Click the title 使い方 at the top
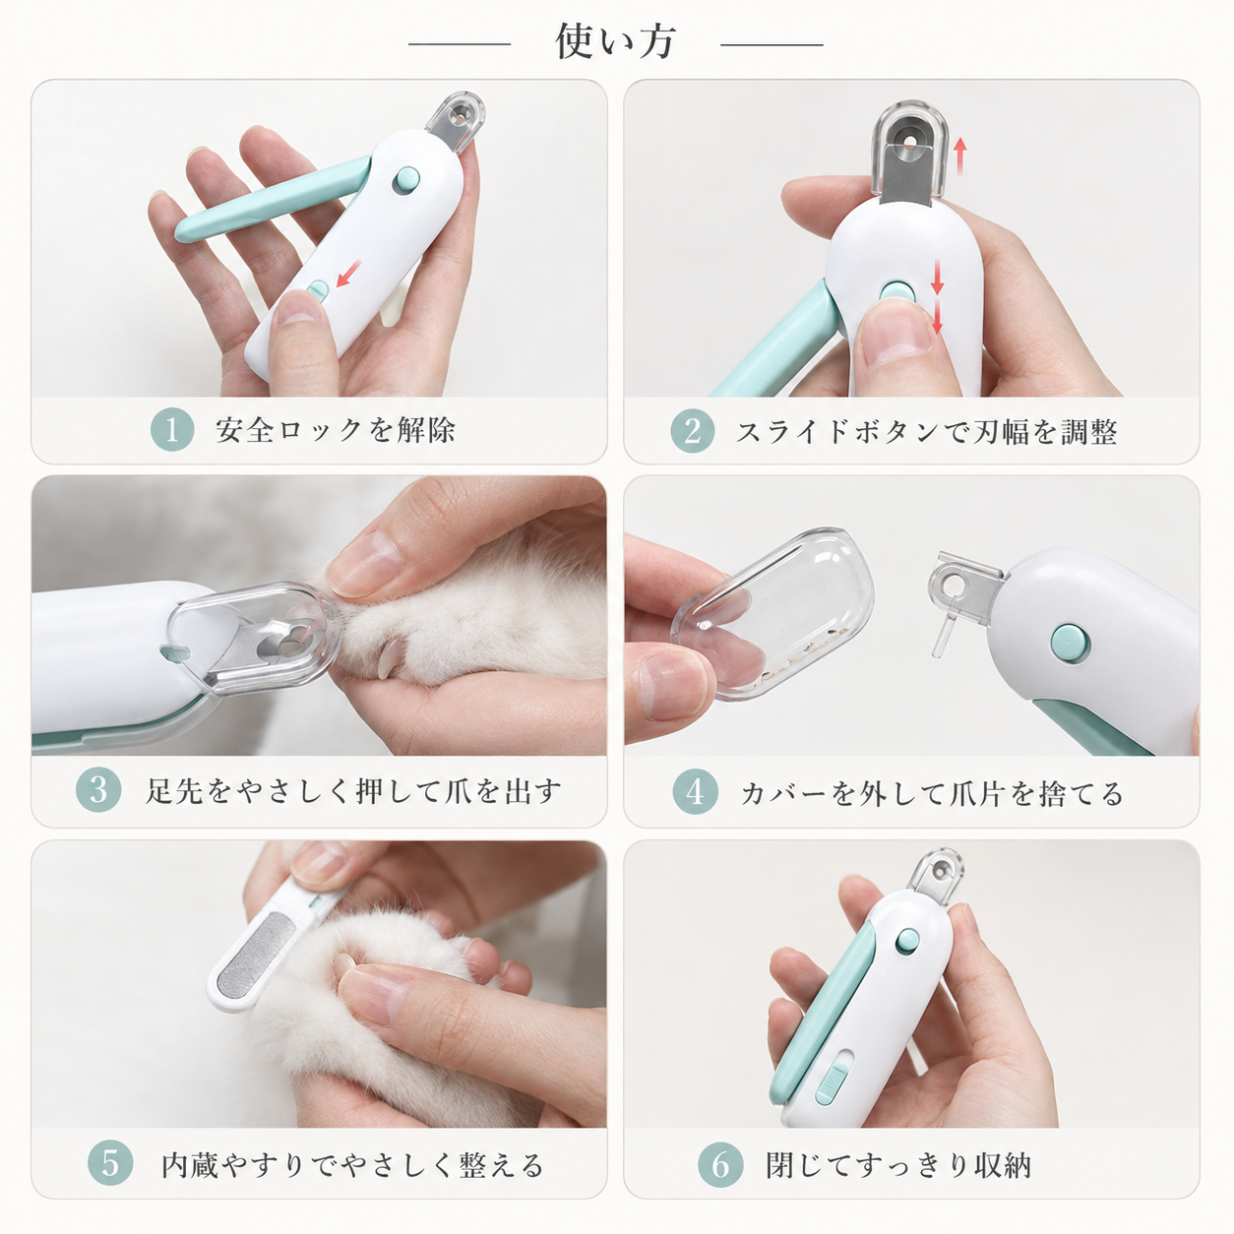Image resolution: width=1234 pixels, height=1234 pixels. (x=615, y=42)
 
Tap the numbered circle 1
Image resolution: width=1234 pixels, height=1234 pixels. (x=172, y=430)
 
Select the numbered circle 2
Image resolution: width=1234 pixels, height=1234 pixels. (x=692, y=430)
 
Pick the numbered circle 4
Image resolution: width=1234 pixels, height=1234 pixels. (x=695, y=791)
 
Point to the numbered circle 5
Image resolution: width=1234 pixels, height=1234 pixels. (x=110, y=1163)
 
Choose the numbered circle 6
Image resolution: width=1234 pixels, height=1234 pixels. (x=720, y=1164)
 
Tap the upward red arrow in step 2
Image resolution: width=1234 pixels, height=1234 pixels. (x=959, y=156)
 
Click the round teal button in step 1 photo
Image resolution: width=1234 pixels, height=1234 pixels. (x=406, y=179)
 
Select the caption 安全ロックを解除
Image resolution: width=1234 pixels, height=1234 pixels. (x=335, y=430)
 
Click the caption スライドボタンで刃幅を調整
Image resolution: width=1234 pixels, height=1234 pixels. (x=927, y=431)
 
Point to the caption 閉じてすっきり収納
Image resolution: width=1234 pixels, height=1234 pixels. (x=898, y=1165)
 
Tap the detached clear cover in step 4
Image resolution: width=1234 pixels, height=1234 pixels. (x=771, y=616)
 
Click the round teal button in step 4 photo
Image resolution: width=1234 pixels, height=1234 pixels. (x=1070, y=644)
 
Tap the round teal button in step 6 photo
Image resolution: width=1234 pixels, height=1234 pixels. (x=906, y=941)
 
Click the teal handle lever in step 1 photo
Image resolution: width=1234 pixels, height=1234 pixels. (x=273, y=199)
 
